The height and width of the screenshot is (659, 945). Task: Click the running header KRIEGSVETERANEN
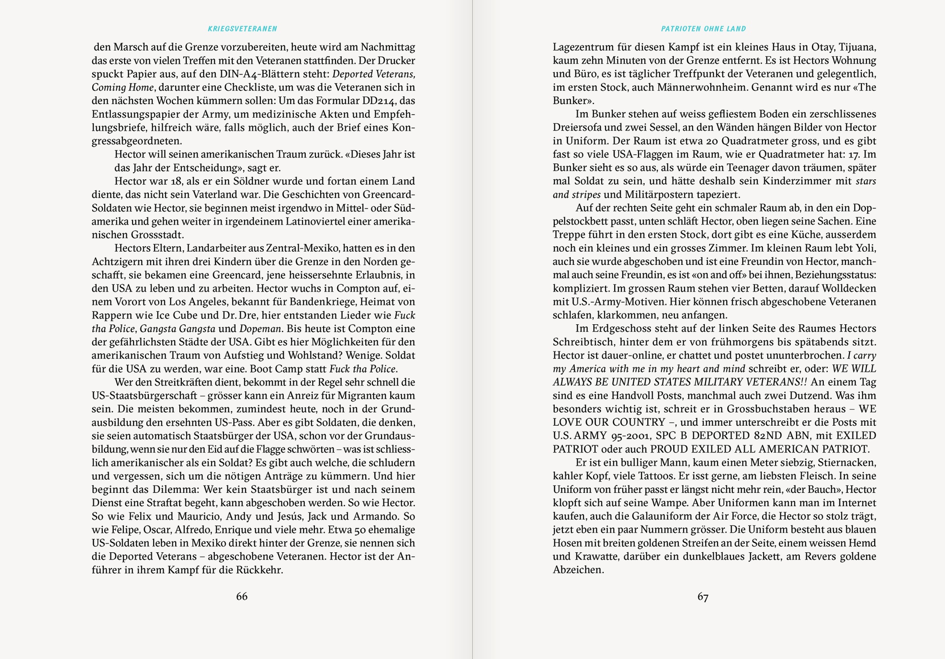tap(242, 29)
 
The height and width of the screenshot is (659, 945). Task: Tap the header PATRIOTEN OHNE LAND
tap(703, 29)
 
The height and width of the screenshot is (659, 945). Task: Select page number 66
tap(242, 596)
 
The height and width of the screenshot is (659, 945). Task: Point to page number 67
tap(703, 597)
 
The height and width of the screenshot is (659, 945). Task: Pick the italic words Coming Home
tap(123, 87)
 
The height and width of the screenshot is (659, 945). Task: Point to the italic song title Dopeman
tap(260, 329)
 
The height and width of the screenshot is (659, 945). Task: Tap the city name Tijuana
tap(858, 47)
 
